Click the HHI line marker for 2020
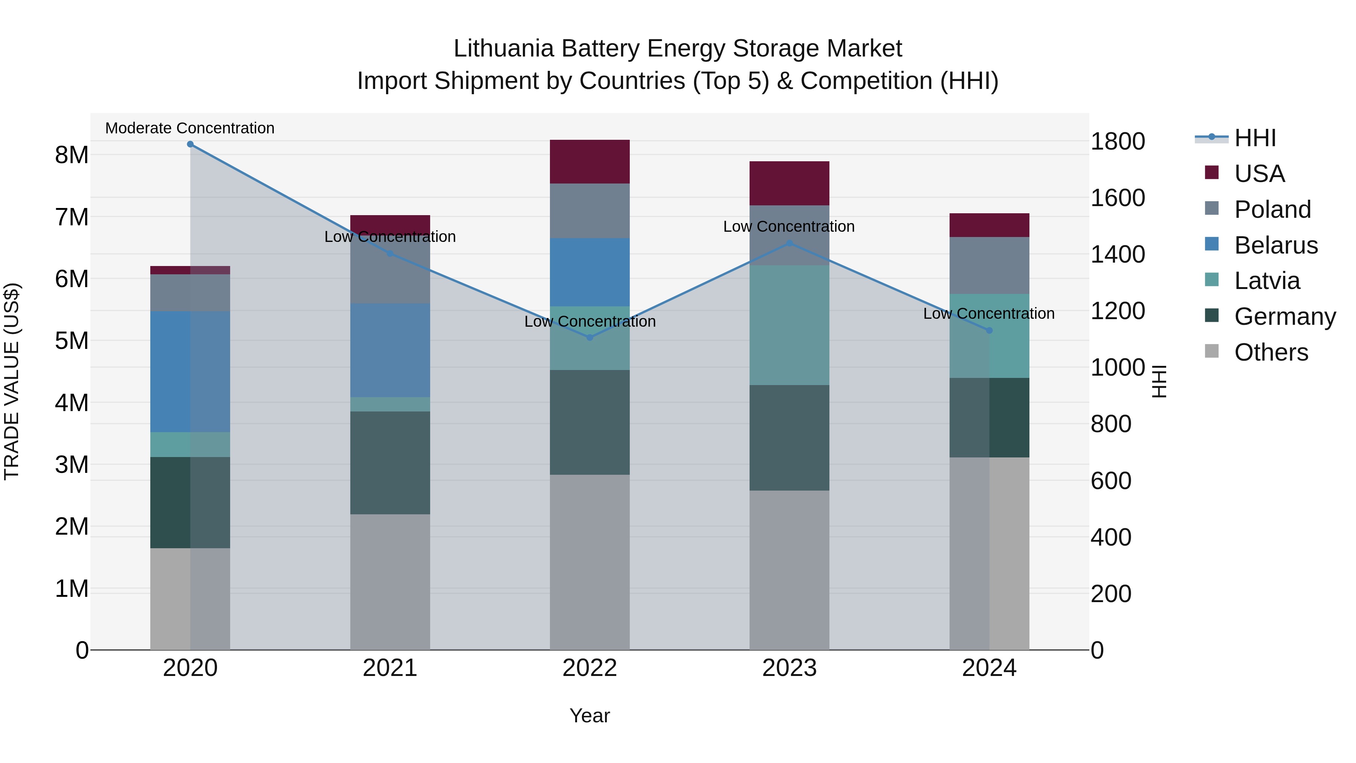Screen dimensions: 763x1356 tap(190, 144)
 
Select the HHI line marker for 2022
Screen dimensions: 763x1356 tap(589, 338)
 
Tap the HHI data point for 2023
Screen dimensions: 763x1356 tap(789, 243)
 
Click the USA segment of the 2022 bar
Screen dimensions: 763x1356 tap(589, 162)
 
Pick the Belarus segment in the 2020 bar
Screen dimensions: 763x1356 tap(190, 372)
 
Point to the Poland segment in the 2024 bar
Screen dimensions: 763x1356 tap(989, 265)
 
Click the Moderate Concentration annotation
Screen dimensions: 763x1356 tap(190, 128)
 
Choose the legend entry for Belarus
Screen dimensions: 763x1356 tap(1275, 245)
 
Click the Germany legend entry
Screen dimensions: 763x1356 tap(1284, 317)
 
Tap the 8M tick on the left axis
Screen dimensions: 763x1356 tap(72, 155)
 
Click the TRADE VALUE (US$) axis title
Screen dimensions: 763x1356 tap(12, 381)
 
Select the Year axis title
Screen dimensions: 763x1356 tap(589, 716)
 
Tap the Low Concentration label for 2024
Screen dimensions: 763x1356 tap(989, 314)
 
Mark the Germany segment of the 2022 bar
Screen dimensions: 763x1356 tap(589, 422)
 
